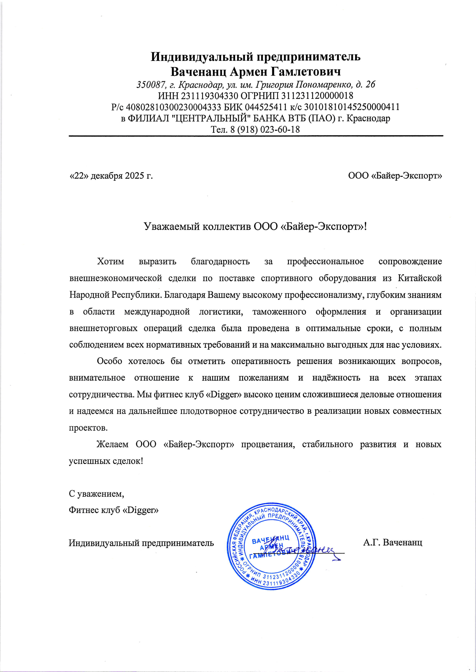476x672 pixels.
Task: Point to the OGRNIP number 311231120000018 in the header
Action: tap(317, 96)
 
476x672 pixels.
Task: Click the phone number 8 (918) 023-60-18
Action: tap(265, 129)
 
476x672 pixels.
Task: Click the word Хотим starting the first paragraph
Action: tap(111, 261)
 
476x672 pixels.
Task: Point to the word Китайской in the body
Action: tap(420, 278)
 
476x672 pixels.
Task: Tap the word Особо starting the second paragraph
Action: tap(109, 361)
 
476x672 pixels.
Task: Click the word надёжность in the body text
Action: tap(336, 378)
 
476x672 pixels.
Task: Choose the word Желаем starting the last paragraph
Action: tap(113, 444)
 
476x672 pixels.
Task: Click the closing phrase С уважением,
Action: tap(96, 494)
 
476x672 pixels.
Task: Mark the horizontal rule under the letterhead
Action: tap(256, 136)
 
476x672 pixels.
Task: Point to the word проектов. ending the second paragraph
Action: tap(88, 428)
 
